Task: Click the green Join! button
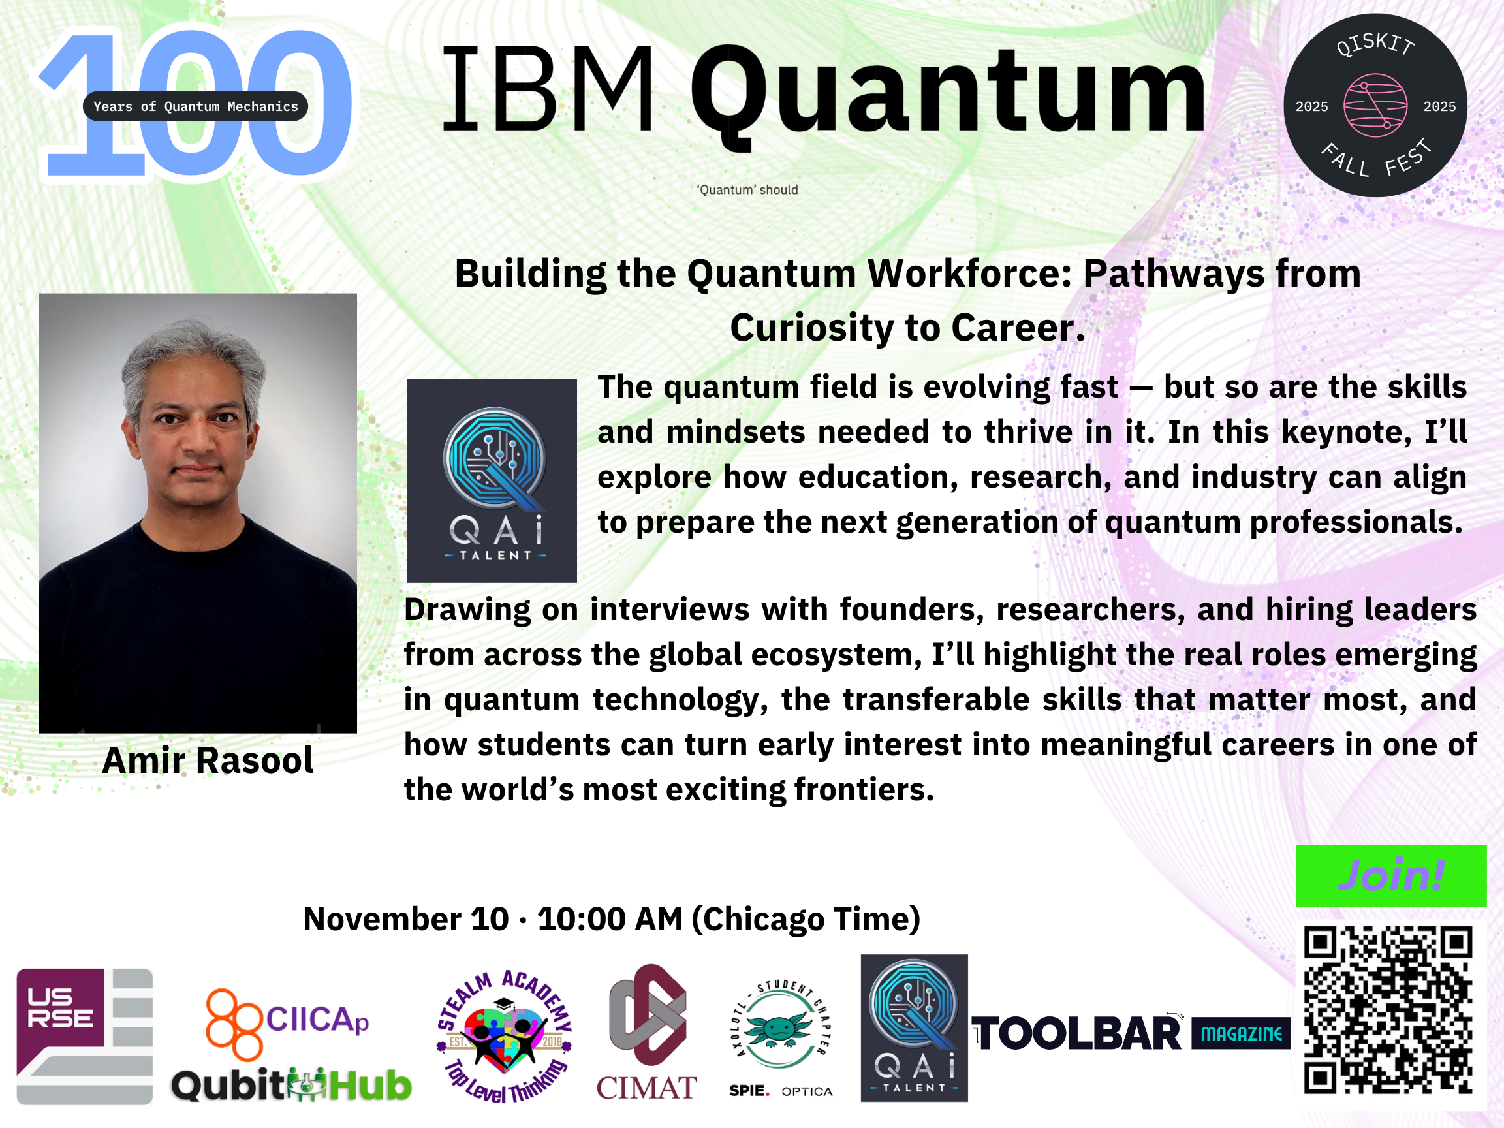[x=1391, y=876]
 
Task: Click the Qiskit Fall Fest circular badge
[x=1375, y=105]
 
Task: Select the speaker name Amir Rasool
[x=208, y=759]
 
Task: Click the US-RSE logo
[x=84, y=1036]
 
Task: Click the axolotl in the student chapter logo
[x=779, y=1028]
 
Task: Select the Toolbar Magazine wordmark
[x=1131, y=1033]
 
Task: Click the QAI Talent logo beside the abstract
[x=492, y=480]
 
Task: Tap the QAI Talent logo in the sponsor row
[x=914, y=1027]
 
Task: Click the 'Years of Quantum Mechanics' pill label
[x=195, y=106]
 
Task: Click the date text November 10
[x=406, y=919]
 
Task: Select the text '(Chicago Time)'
[x=806, y=919]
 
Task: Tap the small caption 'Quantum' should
[x=747, y=190]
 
